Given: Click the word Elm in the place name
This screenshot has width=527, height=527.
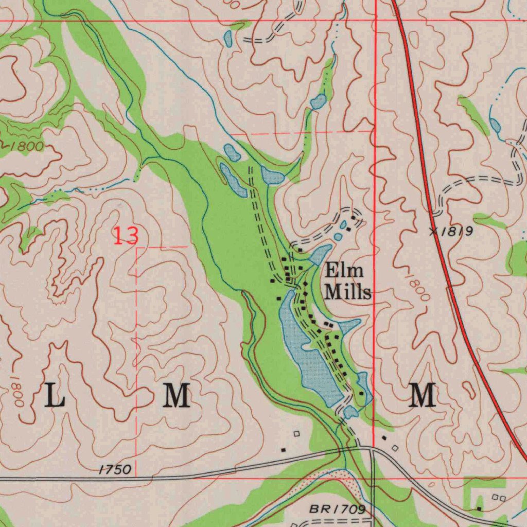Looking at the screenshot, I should click(344, 271).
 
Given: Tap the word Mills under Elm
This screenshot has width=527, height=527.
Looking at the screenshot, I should click(348, 292).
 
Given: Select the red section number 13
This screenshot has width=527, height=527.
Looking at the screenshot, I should click(126, 236).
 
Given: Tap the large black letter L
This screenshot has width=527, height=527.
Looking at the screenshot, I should click(55, 395).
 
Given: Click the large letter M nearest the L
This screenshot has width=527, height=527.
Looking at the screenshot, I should click(177, 395).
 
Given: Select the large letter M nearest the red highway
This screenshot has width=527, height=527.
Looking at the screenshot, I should click(423, 395).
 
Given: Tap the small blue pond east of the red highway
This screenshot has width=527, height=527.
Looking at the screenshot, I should click(495, 125).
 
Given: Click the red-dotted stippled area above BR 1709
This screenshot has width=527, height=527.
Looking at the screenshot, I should click(329, 477).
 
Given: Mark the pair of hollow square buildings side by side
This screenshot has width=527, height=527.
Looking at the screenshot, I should click(499, 498).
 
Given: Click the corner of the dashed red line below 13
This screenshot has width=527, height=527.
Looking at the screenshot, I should click(136, 248).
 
